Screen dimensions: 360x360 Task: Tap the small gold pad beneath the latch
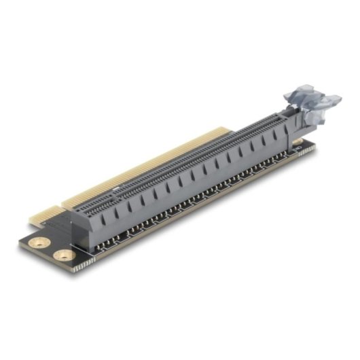297,143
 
